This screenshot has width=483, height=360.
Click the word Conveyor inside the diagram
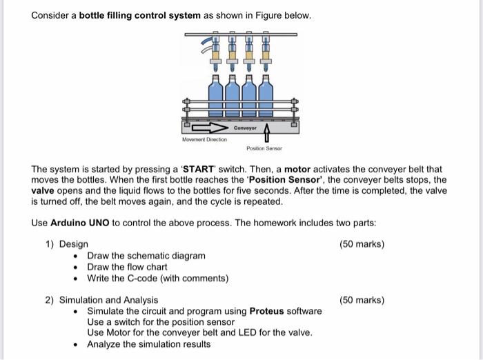coord(245,128)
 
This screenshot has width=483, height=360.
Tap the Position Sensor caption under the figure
coord(264,148)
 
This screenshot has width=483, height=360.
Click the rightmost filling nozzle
coord(266,52)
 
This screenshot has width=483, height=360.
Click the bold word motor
coord(298,169)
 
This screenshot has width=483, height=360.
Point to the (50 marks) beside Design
coord(362,244)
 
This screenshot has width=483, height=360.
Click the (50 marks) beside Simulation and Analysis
coord(362,300)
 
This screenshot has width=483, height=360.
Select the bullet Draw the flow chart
coord(127,267)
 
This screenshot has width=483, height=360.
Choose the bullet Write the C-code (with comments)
coord(157,278)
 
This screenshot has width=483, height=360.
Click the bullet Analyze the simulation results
coord(148,344)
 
